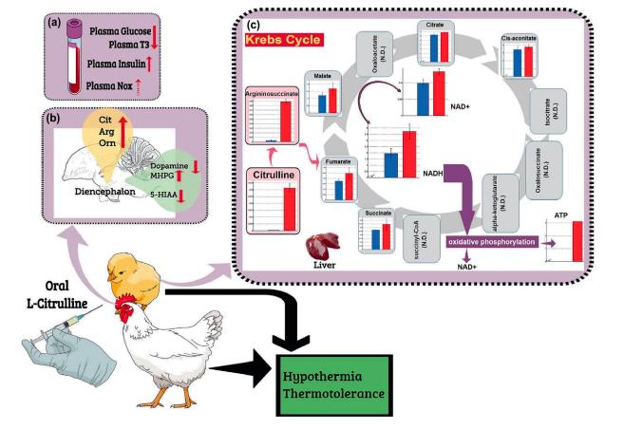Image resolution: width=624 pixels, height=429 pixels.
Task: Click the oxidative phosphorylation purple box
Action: [x=489, y=242]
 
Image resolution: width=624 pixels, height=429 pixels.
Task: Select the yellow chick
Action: [x=132, y=275]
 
